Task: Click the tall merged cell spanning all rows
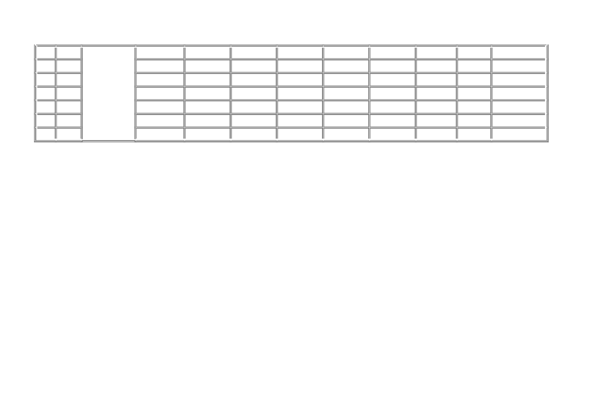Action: [108, 93]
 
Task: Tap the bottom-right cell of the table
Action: [518, 133]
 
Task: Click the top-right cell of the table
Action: [518, 53]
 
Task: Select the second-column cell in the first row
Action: [69, 53]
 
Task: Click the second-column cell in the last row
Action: [69, 133]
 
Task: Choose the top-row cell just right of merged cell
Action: [160, 53]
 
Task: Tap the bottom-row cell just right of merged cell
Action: [160, 133]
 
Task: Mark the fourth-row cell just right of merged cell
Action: [160, 93]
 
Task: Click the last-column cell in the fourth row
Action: [518, 93]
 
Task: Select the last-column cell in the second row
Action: [518, 66]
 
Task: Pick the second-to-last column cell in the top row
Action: [474, 53]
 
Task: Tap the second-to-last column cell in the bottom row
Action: [474, 133]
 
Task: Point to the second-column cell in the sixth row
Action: [69, 121]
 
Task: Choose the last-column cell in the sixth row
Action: [518, 121]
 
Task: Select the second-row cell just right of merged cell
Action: [160, 66]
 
